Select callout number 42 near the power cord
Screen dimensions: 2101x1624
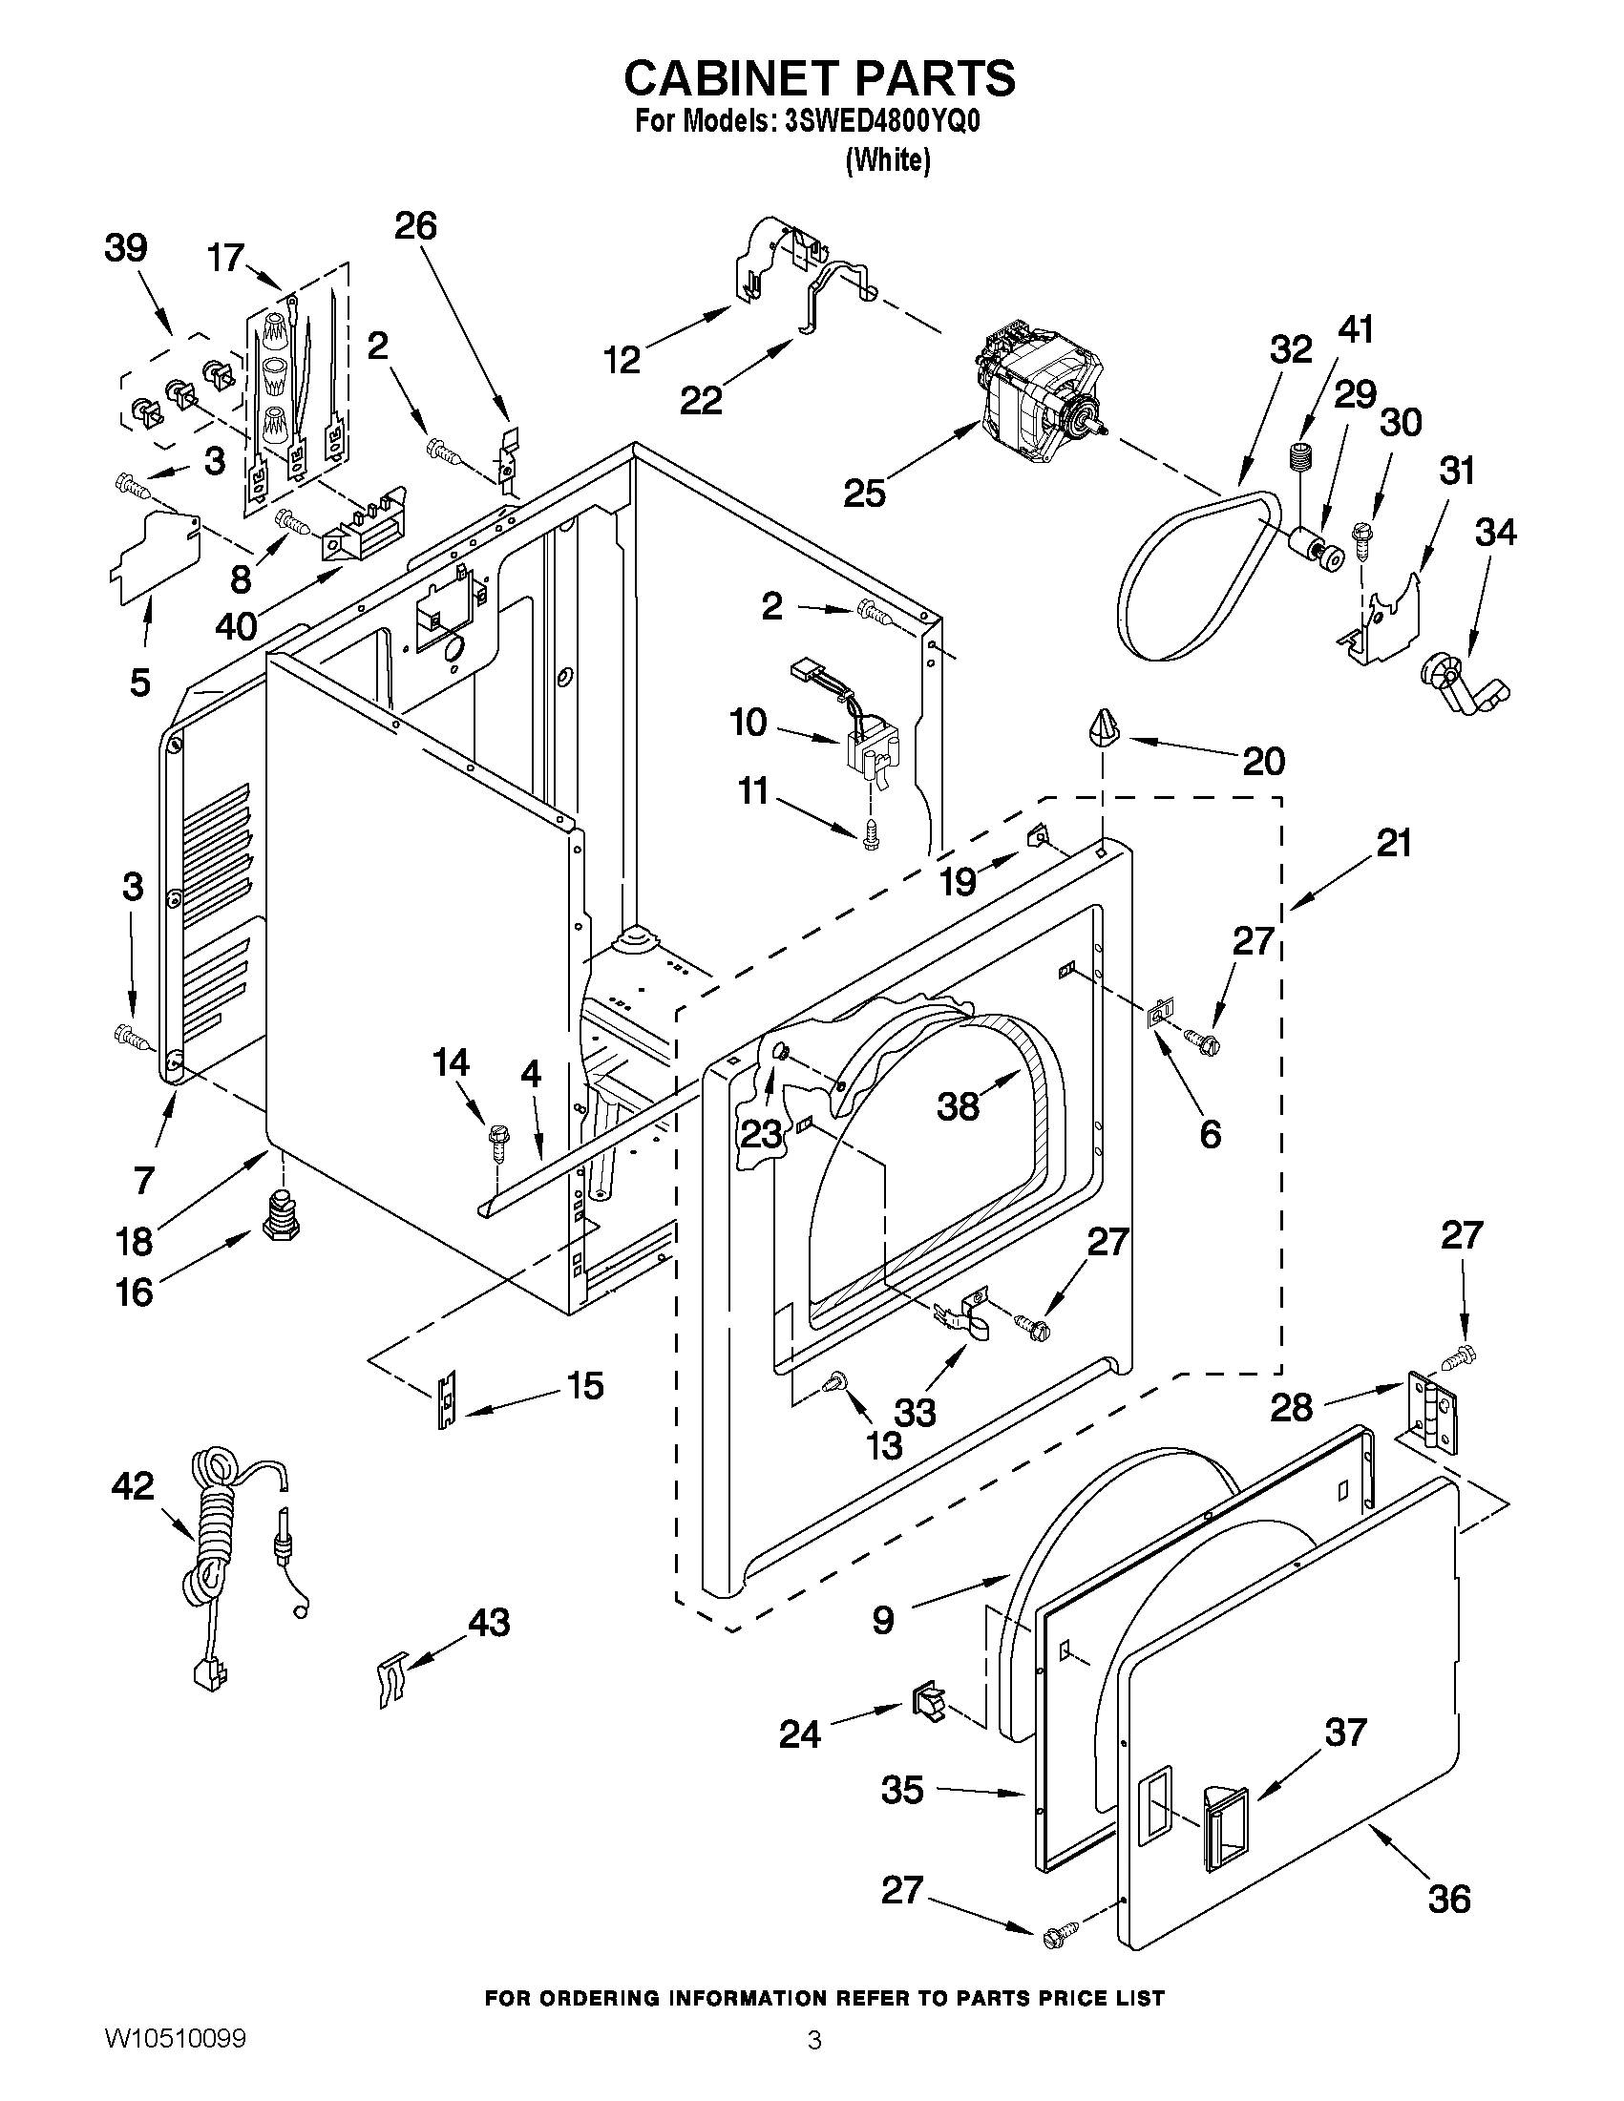click(133, 1486)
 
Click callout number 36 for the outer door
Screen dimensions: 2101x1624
click(1449, 1899)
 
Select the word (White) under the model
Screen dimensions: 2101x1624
click(887, 159)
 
